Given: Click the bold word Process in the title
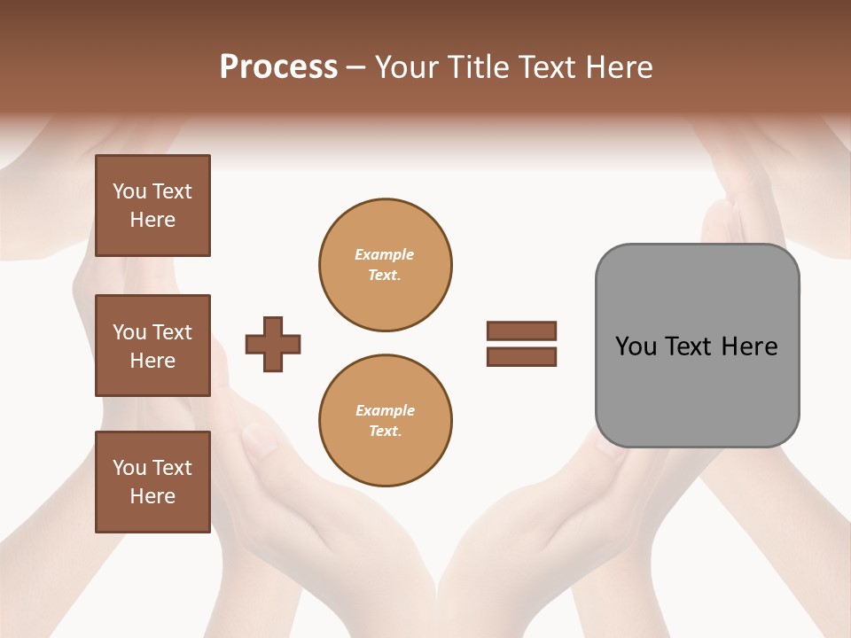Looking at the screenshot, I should tap(278, 67).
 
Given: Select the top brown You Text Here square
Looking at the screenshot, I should tap(152, 206).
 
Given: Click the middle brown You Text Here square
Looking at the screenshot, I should tap(152, 346).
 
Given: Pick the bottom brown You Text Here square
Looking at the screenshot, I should tap(152, 482).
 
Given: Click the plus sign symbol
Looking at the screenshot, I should tap(273, 344).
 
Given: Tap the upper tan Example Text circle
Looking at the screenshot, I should tap(386, 265).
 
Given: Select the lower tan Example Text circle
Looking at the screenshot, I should tap(386, 421).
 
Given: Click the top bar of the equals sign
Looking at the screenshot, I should tap(521, 331).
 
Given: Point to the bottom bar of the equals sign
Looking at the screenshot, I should tap(521, 356).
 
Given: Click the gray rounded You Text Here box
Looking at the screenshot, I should tap(697, 346).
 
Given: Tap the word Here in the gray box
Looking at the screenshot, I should tap(749, 346).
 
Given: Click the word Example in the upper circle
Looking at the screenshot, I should tap(384, 254).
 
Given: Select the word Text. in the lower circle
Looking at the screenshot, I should tap(385, 432).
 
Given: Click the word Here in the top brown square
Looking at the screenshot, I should tap(152, 220).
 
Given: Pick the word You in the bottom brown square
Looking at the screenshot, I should tap(129, 468).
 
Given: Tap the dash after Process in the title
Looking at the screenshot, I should tap(356, 68).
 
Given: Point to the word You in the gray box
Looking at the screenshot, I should tap(636, 346).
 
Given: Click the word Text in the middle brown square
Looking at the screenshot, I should tap(172, 332).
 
